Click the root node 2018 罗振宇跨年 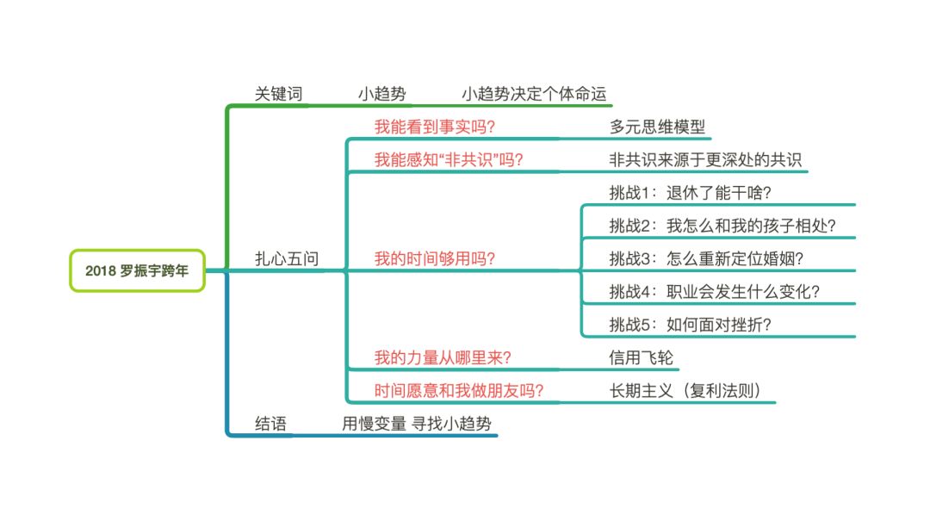click(137, 270)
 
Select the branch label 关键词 click(279, 94)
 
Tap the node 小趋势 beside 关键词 click(381, 94)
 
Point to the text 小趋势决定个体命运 click(539, 94)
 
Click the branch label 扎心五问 click(288, 258)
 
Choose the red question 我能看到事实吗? click(434, 127)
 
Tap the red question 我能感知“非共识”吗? click(449, 160)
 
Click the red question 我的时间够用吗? click(434, 258)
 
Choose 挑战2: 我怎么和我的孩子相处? click(722, 226)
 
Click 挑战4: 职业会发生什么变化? click(714, 291)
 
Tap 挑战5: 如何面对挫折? click(690, 324)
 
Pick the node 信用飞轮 click(635, 357)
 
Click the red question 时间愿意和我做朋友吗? click(459, 390)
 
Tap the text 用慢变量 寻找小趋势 click(418, 423)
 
